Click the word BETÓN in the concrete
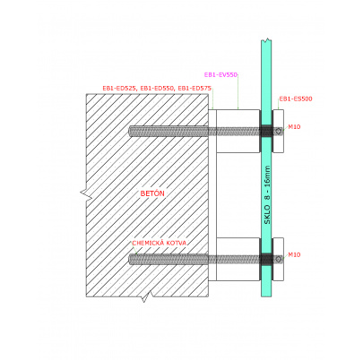coord(152,193)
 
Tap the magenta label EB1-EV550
coord(220,75)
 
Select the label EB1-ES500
coord(296,99)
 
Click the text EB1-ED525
coord(119,89)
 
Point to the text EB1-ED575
coord(194,89)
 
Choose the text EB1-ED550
coord(157,89)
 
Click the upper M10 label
coord(294,127)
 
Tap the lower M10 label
coord(294,255)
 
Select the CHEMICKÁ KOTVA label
coord(160,243)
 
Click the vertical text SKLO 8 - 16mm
coord(267,195)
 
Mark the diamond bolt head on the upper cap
coord(279,131)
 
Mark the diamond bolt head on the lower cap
coord(279,259)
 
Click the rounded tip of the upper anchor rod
coord(130,132)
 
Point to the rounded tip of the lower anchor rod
coord(130,260)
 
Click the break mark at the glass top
coord(266,39)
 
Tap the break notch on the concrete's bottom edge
coord(145,297)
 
